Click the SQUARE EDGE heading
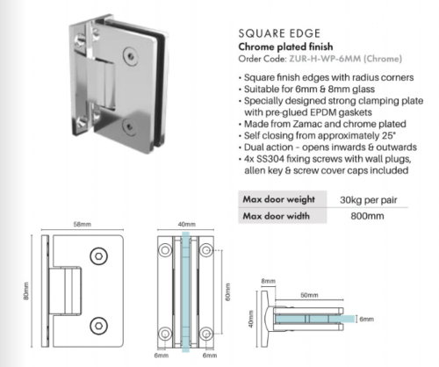279,33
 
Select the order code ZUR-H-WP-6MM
325,59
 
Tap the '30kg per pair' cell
368,200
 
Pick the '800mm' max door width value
367,216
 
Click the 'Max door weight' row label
278,199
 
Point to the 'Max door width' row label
276,216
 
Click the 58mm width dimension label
83,224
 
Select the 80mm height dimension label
26,291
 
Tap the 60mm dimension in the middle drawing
228,291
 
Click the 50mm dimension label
309,295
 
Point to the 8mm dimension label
268,281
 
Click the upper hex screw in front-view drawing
98,256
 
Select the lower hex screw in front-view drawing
98,326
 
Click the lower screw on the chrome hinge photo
129,126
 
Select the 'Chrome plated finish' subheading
285,47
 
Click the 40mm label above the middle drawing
186,224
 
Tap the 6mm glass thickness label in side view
366,319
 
